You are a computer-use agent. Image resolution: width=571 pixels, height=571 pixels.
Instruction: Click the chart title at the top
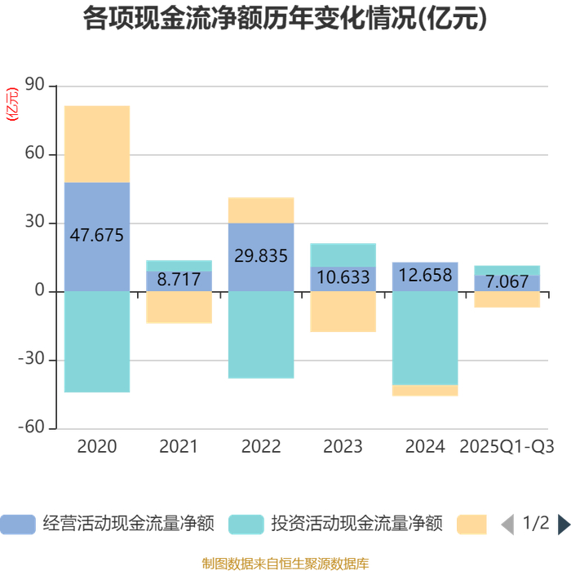285,20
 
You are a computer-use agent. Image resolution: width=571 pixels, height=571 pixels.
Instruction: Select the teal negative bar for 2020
97,342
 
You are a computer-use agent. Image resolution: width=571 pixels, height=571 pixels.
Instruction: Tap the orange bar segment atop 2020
97,144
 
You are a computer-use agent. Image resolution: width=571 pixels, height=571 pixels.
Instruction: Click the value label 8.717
179,279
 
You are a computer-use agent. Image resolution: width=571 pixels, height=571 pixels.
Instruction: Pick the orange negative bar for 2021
179,308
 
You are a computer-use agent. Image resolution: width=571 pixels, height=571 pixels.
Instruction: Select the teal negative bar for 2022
261,334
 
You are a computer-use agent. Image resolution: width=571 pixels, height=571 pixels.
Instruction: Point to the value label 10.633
343,277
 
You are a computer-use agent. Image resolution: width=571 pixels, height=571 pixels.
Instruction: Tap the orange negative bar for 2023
343,312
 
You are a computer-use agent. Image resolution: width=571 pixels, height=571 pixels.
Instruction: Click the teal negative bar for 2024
425,338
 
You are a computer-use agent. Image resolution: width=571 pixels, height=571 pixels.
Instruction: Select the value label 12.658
425,276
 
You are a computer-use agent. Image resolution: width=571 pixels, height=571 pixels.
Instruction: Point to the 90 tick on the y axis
35,86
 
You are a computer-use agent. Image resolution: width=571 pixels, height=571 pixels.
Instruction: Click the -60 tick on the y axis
33,428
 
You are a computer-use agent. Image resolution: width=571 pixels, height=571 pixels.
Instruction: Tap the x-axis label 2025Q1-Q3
507,447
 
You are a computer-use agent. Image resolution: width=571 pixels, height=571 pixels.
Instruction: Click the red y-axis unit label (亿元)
12,104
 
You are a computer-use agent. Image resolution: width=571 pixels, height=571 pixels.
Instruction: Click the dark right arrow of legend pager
564,524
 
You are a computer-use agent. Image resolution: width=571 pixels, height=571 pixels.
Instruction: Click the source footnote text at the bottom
285,562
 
